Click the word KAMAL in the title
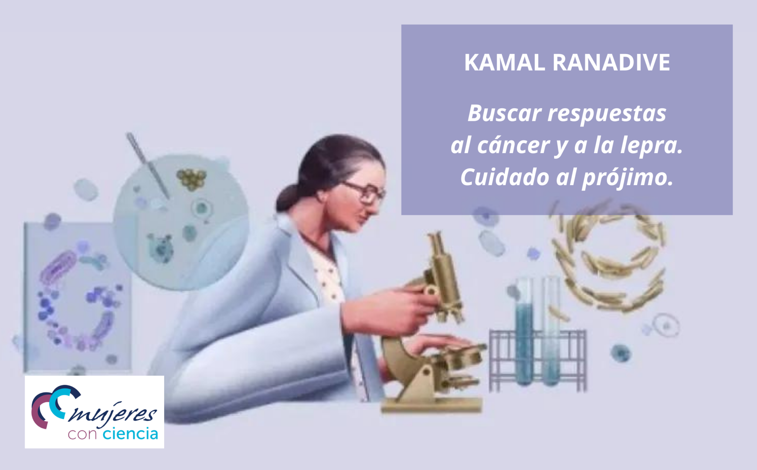pyautogui.click(x=505, y=62)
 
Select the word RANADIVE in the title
pyautogui.click(x=611, y=62)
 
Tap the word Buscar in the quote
pyautogui.click(x=505, y=113)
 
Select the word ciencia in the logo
pyautogui.click(x=130, y=433)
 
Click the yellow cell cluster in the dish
pyautogui.click(x=191, y=179)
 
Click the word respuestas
pyautogui.click(x=607, y=114)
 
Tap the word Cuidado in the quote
pyautogui.click(x=505, y=177)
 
